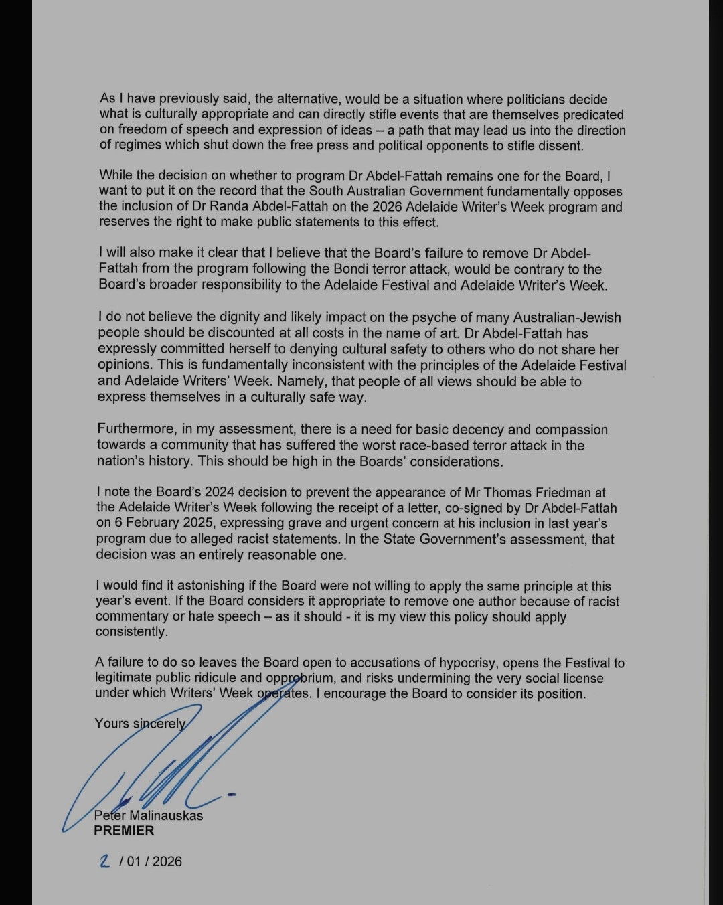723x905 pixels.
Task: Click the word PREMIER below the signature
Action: point(124,831)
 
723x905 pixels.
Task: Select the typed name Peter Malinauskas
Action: point(148,815)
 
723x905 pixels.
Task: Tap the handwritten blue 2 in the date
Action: point(104,861)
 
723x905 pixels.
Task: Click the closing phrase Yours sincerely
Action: point(140,724)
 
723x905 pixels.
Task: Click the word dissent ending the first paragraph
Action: point(560,145)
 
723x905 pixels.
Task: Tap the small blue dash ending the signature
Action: point(232,795)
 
